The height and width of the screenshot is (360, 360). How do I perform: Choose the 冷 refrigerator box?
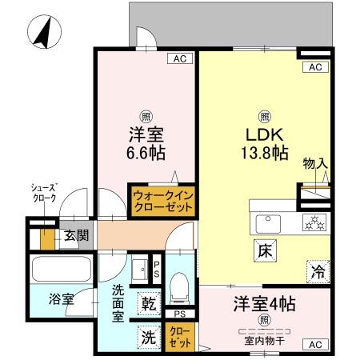(x=318, y=270)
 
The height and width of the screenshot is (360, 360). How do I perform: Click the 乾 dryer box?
(x=149, y=304)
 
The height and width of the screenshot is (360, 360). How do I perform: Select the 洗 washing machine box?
(x=149, y=337)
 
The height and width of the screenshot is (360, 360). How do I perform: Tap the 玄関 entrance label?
(x=77, y=237)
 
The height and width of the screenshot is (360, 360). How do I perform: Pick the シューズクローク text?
(x=44, y=194)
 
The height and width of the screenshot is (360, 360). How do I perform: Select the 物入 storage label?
(x=314, y=164)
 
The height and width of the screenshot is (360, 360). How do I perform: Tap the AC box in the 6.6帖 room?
(x=181, y=58)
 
